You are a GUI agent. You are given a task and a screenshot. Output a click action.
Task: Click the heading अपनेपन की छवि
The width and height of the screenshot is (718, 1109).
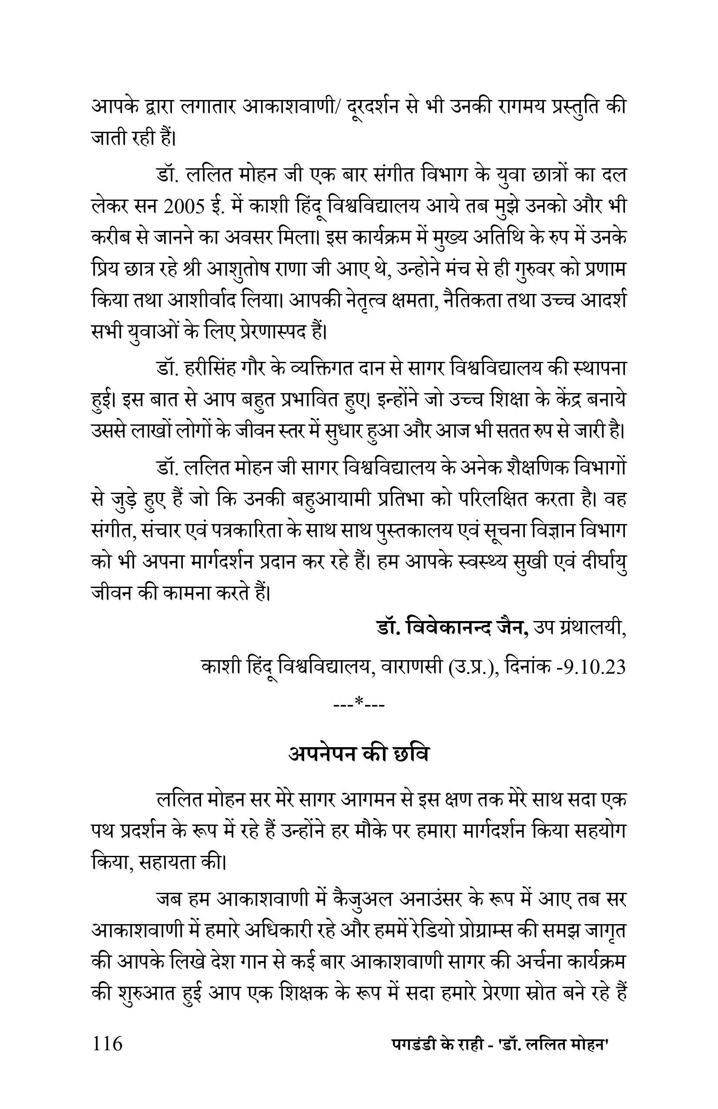tap(358, 754)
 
